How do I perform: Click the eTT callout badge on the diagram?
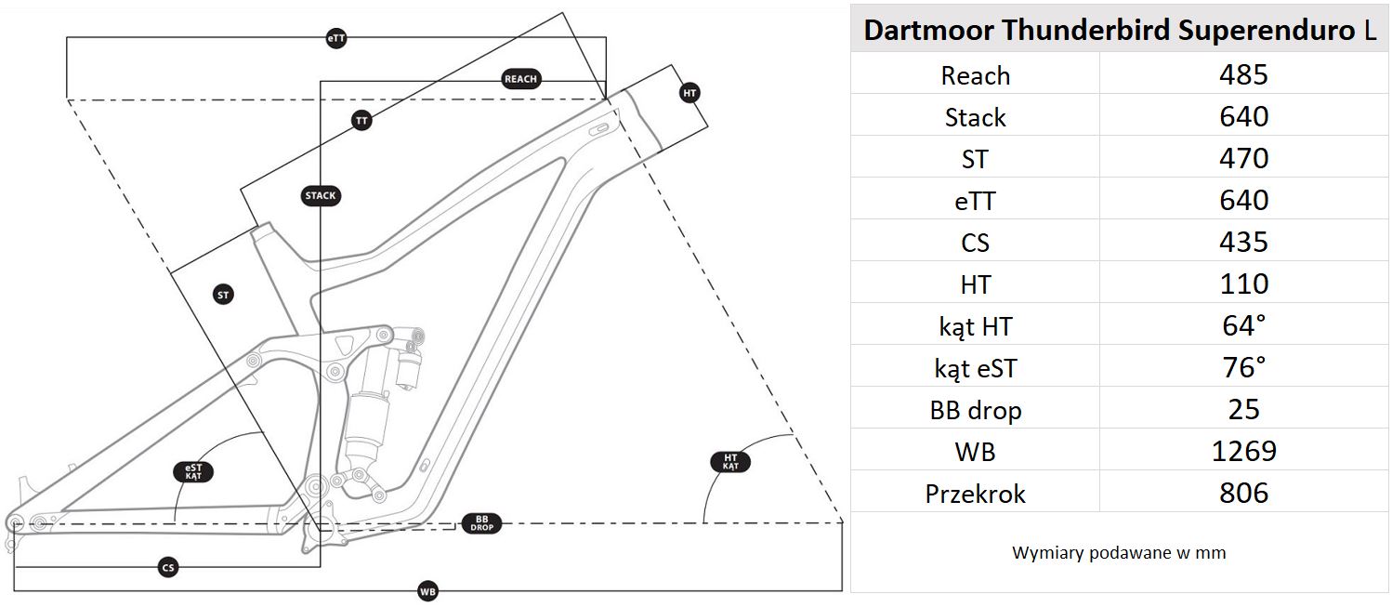336,38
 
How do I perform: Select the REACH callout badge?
520,79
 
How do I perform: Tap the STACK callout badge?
321,196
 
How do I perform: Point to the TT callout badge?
362,120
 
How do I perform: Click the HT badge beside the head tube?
689,93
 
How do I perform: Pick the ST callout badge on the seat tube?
223,296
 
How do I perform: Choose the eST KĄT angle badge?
193,471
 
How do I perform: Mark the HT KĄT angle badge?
730,462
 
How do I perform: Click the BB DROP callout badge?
481,523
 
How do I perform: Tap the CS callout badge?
168,567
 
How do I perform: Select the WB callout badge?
427,591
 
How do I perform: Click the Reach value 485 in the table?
1243,74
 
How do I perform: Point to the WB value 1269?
1243,452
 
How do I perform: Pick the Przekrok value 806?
1243,494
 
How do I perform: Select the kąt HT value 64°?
1243,326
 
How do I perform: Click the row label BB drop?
975,410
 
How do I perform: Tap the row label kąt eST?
975,368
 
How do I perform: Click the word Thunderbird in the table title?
1086,31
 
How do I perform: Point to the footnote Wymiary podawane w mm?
1119,553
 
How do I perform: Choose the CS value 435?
1243,243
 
